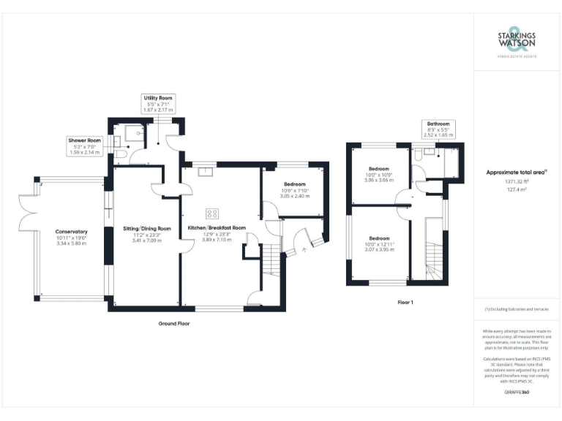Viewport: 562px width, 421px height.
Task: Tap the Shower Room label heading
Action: coord(84,140)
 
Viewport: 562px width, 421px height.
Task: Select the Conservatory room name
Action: coord(71,232)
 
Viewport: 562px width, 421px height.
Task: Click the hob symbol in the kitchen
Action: coord(212,213)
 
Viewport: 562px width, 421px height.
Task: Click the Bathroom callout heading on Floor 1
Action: coord(438,124)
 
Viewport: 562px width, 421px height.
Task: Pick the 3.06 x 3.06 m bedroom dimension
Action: coord(379,180)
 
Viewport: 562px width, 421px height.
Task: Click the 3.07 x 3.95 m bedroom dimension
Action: coord(379,251)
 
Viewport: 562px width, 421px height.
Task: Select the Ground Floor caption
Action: coord(174,322)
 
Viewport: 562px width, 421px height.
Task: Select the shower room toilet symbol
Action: coord(121,154)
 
